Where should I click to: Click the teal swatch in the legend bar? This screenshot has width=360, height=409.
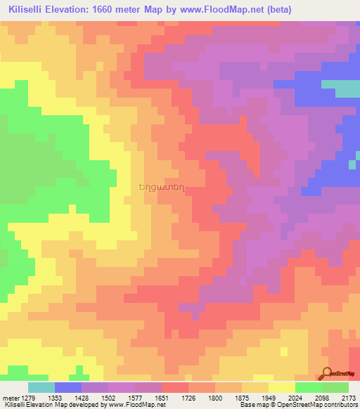(41, 387)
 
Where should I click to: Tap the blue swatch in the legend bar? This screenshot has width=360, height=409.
(68, 387)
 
